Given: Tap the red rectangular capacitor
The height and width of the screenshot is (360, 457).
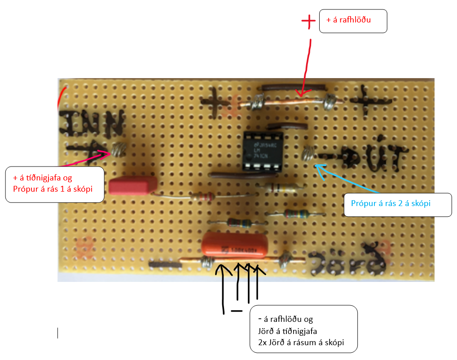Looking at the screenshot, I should pos(132,186).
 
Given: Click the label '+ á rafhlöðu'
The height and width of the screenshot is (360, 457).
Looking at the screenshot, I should pos(353,21).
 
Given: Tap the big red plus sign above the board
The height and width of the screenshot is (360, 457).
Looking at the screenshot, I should pos(308,22).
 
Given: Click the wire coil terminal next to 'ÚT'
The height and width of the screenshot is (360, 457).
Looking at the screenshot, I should pos(308,154).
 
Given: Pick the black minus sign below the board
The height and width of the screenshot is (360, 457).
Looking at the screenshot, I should pos(236,311).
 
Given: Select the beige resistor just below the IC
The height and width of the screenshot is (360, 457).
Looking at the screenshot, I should pos(279,188).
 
